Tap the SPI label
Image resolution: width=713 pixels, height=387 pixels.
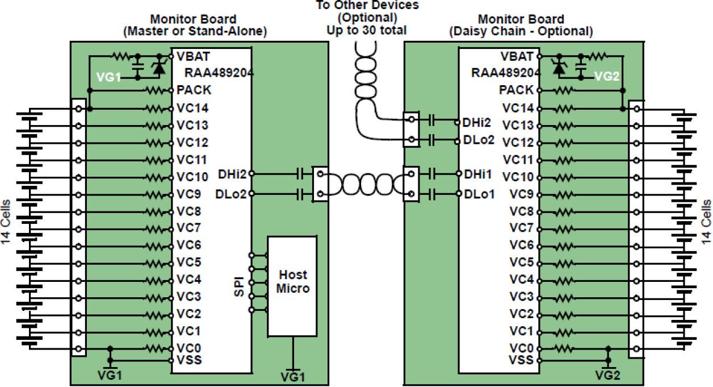[x=240, y=286]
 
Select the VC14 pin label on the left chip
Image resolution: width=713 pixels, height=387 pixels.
[x=192, y=108]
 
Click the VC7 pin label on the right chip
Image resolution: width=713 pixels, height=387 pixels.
[x=521, y=228]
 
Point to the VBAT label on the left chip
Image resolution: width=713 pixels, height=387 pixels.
[x=193, y=56]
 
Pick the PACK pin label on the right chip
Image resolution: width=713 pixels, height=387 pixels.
[x=516, y=90]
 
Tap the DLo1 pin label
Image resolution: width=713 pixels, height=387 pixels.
[x=479, y=194]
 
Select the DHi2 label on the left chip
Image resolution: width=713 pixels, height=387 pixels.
[x=232, y=173]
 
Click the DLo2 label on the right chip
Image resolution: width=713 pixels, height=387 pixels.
[x=479, y=139]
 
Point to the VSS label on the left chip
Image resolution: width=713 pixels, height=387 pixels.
[x=189, y=360]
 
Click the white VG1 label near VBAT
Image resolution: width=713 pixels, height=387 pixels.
[x=108, y=78]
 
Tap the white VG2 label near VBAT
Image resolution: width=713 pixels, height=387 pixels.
[x=606, y=77]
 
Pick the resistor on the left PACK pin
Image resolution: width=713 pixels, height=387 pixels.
[x=155, y=90]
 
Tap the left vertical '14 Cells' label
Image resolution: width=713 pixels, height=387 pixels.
[x=6, y=222]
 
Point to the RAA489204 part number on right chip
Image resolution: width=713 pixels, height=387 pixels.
[x=506, y=73]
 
